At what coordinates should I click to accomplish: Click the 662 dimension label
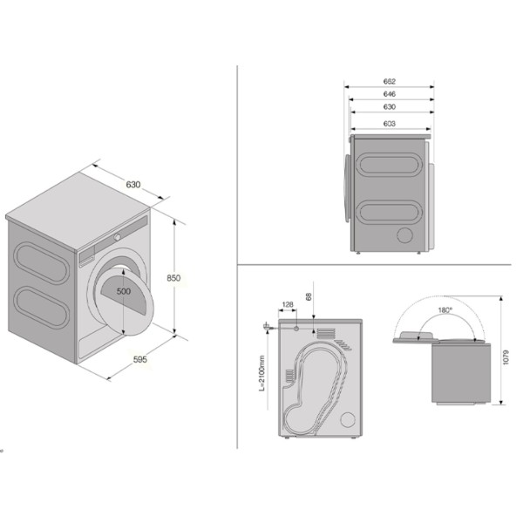point(390,81)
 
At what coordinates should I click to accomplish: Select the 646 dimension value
point(390,94)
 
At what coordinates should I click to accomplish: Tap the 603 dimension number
point(390,124)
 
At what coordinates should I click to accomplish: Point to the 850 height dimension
point(173,278)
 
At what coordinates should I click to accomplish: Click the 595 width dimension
point(140,359)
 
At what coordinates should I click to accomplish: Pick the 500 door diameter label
point(124,291)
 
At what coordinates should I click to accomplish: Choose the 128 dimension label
point(288,304)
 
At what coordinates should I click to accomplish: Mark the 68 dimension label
point(309,296)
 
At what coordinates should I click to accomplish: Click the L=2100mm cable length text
point(261,373)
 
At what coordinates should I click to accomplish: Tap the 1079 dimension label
point(506,357)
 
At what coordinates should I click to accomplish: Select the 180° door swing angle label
point(445,310)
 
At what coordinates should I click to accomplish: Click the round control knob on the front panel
point(118,237)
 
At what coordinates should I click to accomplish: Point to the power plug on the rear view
point(267,327)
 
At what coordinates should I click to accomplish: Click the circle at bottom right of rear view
point(348,419)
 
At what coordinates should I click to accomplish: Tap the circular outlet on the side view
point(405,234)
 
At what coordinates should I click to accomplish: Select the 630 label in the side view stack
point(390,106)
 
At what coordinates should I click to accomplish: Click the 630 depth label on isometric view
point(133,185)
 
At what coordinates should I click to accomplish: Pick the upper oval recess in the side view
point(389,165)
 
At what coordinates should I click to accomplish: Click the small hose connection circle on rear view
point(296,329)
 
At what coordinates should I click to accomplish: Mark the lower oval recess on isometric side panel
point(42,307)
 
